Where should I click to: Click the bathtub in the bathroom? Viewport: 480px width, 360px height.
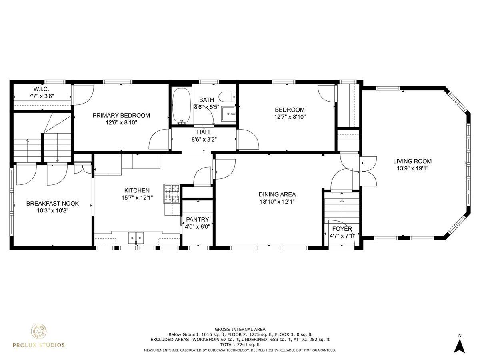pyautogui.click(x=181, y=106)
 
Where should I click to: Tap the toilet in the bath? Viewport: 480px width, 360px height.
pyautogui.click(x=228, y=97)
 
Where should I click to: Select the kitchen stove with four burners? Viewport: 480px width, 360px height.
pyautogui.click(x=172, y=194)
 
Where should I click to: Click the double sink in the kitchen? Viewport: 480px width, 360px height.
pyautogui.click(x=136, y=238)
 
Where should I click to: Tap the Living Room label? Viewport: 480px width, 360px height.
pyautogui.click(x=412, y=161)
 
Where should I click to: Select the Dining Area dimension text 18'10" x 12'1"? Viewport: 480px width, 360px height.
pyautogui.click(x=277, y=202)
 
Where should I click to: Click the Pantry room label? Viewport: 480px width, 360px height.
pyautogui.click(x=198, y=220)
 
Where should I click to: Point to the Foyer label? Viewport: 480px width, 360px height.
pyautogui.click(x=342, y=229)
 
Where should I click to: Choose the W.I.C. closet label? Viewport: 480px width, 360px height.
pyautogui.click(x=41, y=89)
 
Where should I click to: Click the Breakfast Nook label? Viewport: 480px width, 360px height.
pyautogui.click(x=52, y=204)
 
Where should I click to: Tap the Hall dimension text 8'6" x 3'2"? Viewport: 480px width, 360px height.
pyautogui.click(x=204, y=140)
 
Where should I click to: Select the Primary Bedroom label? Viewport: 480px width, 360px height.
pyautogui.click(x=121, y=116)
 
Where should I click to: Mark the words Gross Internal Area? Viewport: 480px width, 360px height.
pyautogui.click(x=240, y=329)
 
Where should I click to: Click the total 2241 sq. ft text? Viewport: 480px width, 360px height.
pyautogui.click(x=240, y=345)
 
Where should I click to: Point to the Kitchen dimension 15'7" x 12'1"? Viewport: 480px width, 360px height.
pyautogui.click(x=137, y=198)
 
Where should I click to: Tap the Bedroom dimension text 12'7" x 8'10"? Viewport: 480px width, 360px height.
pyautogui.click(x=290, y=117)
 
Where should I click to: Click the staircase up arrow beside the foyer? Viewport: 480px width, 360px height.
pyautogui.click(x=342, y=210)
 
